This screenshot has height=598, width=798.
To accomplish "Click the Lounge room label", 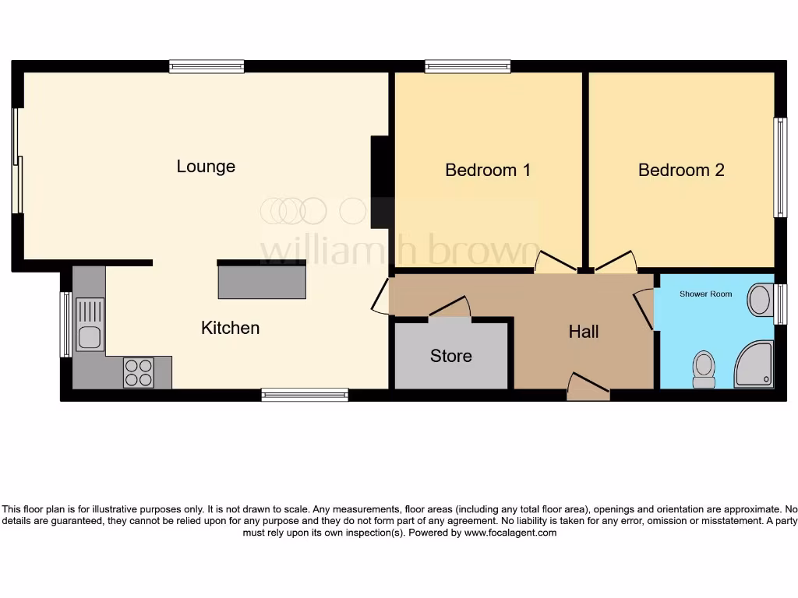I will tap(206, 167).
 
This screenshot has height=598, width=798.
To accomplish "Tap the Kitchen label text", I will tap(230, 328).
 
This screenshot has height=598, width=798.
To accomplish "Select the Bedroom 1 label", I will tap(488, 170).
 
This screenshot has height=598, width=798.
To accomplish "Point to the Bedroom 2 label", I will tap(681, 170).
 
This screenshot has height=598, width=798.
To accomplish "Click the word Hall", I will tap(584, 332).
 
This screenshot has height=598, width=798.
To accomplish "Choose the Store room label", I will tap(451, 356).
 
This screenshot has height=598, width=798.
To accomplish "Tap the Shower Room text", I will tap(705, 294).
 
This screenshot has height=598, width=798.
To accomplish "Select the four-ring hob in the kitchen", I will tap(138, 372).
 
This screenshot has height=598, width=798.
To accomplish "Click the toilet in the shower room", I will tap(704, 368).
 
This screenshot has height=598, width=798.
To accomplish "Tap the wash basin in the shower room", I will tap(760, 301).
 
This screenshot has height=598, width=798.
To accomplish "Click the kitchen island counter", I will tap(262, 281).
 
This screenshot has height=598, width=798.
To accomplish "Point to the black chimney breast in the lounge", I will tap(380, 182).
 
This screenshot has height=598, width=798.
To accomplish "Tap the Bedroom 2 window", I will tap(779, 167).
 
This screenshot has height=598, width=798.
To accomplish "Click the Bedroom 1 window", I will tap(468, 67).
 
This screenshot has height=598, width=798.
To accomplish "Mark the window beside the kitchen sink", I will tap(65, 324).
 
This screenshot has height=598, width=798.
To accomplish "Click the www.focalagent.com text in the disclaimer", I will tap(510, 533).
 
